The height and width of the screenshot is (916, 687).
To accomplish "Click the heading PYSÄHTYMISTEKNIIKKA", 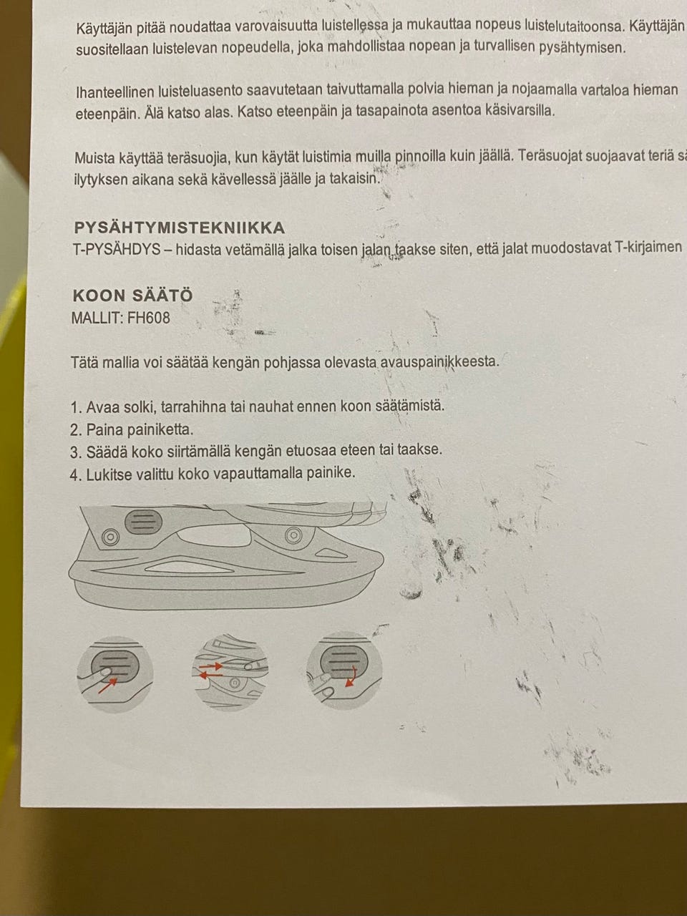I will point(179,228).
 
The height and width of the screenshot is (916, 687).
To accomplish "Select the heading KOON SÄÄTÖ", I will point(133,296).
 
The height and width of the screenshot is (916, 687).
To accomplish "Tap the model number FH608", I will point(149,318).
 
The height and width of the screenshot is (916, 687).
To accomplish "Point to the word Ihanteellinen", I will point(112,91).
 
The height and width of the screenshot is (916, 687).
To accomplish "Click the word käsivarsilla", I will point(515,112).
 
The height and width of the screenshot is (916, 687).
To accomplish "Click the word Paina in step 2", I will point(103,429).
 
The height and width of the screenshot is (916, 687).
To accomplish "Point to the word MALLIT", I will point(97,318).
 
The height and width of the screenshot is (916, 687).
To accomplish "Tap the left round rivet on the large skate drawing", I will point(110,538).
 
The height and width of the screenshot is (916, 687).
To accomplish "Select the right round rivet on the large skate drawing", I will point(291,535).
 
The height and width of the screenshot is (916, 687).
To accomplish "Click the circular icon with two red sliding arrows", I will point(230,673).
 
